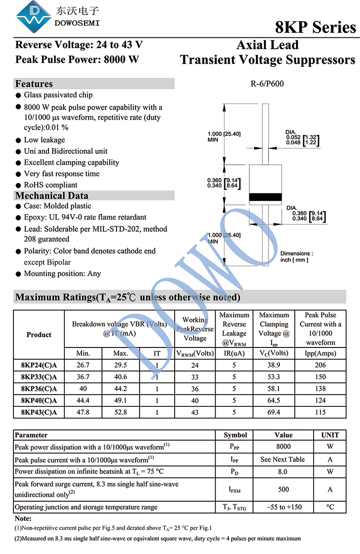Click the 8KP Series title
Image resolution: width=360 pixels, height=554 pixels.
(x=315, y=27)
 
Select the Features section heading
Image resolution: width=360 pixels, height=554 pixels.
(x=34, y=84)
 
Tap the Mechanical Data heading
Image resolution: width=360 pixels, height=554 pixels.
(x=52, y=195)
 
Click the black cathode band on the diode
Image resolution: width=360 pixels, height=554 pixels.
(x=265, y=197)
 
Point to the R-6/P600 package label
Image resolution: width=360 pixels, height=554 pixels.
(x=267, y=84)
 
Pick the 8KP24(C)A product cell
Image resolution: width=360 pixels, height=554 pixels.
(x=39, y=365)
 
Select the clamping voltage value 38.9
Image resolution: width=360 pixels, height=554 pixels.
(x=274, y=365)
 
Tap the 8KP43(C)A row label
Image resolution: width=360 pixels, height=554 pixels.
(x=39, y=412)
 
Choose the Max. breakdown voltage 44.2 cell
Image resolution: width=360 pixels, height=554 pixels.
(x=121, y=388)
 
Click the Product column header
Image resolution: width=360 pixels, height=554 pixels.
(x=39, y=334)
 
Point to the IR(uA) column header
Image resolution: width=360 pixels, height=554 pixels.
(x=234, y=353)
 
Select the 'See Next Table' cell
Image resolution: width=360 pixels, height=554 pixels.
(x=283, y=459)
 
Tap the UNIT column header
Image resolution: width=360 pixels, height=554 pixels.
(x=330, y=435)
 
